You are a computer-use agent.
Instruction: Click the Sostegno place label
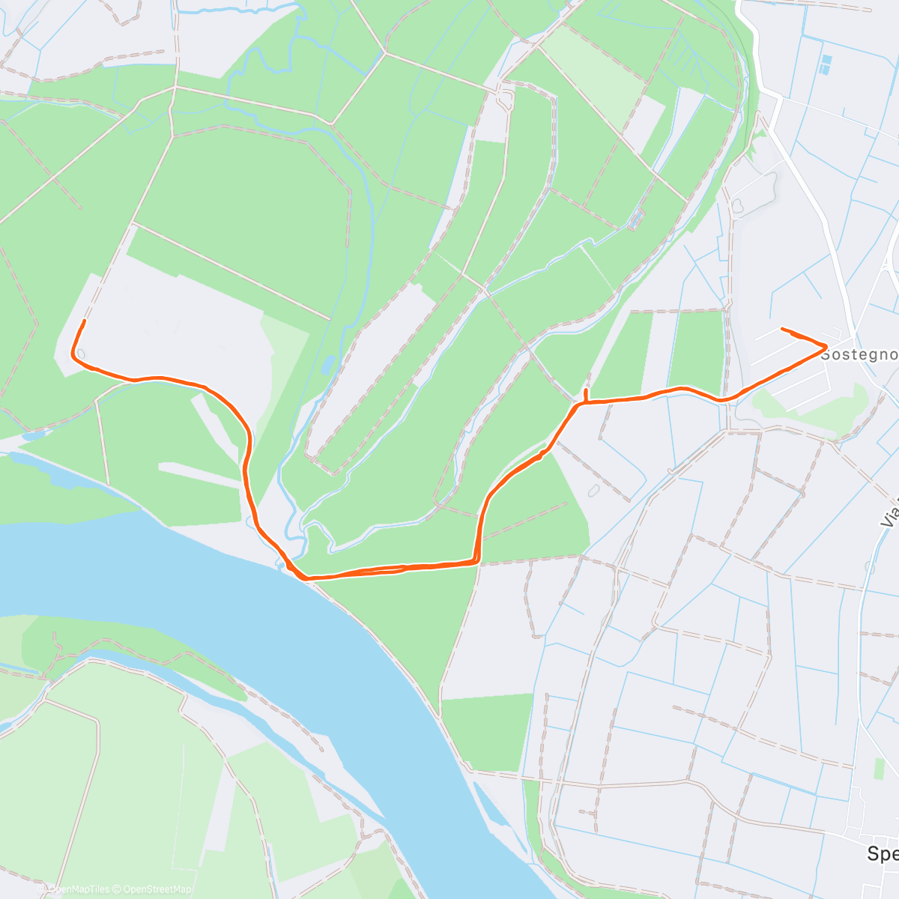pyautogui.click(x=859, y=354)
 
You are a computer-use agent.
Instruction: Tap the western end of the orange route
pyautogui.click(x=83, y=321)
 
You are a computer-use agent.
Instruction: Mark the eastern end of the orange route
pyautogui.click(x=782, y=329)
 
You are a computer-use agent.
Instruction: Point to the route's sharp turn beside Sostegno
pyautogui.click(x=826, y=345)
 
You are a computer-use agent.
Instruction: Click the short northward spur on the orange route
pyautogui.click(x=586, y=394)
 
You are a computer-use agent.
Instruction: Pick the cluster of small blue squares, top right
pyautogui.click(x=826, y=64)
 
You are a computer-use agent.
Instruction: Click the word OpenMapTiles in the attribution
pyautogui.click(x=79, y=889)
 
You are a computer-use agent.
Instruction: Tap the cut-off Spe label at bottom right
pyautogui.click(x=883, y=853)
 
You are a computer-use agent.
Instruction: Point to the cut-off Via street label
pyautogui.click(x=889, y=510)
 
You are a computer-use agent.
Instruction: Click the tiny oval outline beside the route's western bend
pyautogui.click(x=80, y=354)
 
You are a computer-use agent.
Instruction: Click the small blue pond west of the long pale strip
pyautogui.click(x=327, y=365)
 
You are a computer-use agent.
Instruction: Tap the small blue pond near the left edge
pyautogui.click(x=34, y=435)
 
